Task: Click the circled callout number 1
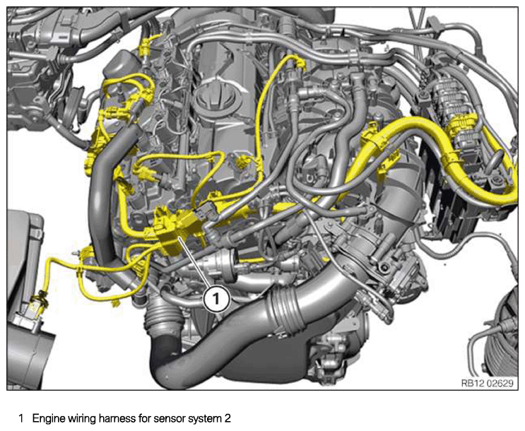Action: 217,297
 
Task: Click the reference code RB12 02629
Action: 487,383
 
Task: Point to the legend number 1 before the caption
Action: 21,418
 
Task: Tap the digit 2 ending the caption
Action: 228,418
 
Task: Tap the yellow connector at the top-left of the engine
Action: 146,47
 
